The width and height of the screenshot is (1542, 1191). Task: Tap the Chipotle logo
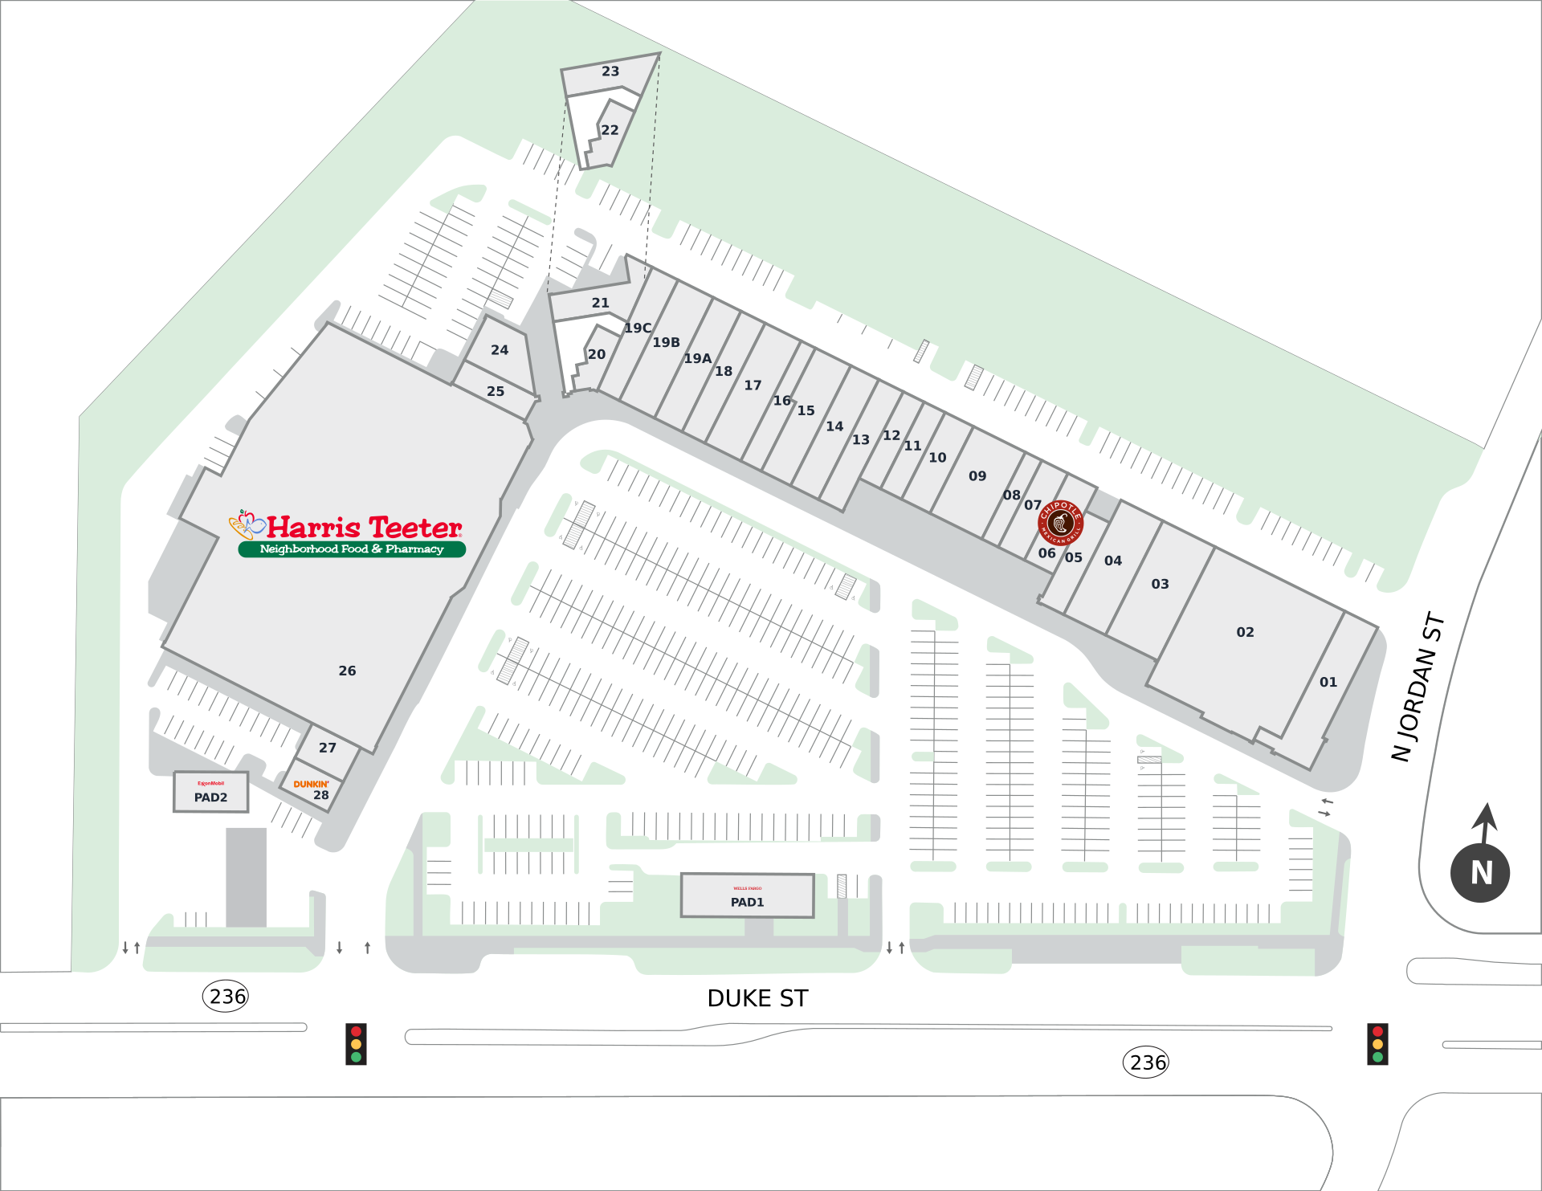click(x=1060, y=523)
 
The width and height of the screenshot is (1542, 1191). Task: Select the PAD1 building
click(x=747, y=895)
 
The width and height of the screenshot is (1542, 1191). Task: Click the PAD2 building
click(x=210, y=792)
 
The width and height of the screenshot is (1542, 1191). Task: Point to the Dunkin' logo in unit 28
click(x=311, y=784)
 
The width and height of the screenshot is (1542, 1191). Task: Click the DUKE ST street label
click(x=757, y=998)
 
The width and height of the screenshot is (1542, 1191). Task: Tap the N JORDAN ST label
click(x=1418, y=687)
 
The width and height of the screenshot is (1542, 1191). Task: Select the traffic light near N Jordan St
click(x=1377, y=1044)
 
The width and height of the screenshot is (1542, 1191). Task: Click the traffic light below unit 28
click(x=356, y=1044)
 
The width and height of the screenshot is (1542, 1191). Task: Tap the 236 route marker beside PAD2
click(x=226, y=997)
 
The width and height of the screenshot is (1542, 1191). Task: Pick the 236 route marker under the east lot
click(x=1146, y=1063)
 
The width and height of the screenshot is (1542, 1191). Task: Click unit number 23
click(x=610, y=71)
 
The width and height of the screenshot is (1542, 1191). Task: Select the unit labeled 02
click(x=1245, y=632)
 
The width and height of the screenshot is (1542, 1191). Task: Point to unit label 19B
click(x=666, y=342)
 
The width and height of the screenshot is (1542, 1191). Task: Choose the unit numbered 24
click(x=500, y=350)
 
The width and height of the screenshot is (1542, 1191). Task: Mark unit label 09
click(x=977, y=476)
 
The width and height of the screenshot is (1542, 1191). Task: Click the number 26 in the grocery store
click(x=347, y=671)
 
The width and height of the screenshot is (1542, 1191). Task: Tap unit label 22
click(x=610, y=130)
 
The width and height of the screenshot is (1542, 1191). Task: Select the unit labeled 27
click(x=328, y=748)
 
